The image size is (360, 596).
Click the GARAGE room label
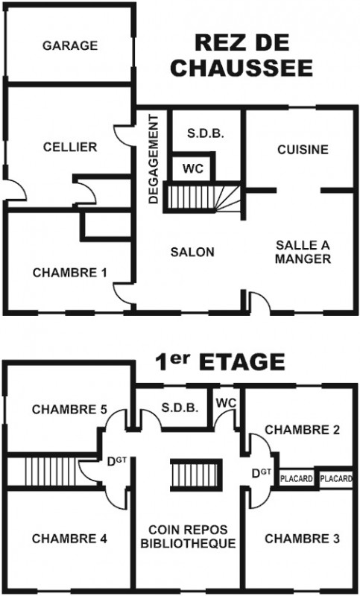(x=70, y=45)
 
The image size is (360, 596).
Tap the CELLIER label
(x=70, y=147)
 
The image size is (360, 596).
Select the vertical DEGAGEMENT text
(x=154, y=159)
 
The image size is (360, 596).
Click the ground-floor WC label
(x=192, y=168)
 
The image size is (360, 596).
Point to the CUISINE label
(x=303, y=150)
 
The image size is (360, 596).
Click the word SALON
(x=192, y=252)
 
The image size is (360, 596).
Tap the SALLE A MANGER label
(x=303, y=252)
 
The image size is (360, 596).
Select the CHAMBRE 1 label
(x=69, y=273)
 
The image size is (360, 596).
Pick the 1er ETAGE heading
(x=220, y=361)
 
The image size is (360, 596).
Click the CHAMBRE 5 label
(x=69, y=409)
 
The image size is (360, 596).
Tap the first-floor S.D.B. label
(x=180, y=408)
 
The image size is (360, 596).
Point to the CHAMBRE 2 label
(x=302, y=430)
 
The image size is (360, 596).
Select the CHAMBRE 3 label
(x=302, y=538)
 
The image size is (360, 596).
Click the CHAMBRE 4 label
(x=69, y=538)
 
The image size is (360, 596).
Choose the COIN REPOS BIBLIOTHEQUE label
(x=188, y=536)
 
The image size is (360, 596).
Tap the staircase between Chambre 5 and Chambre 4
(x=52, y=472)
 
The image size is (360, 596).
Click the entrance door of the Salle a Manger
(x=259, y=303)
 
